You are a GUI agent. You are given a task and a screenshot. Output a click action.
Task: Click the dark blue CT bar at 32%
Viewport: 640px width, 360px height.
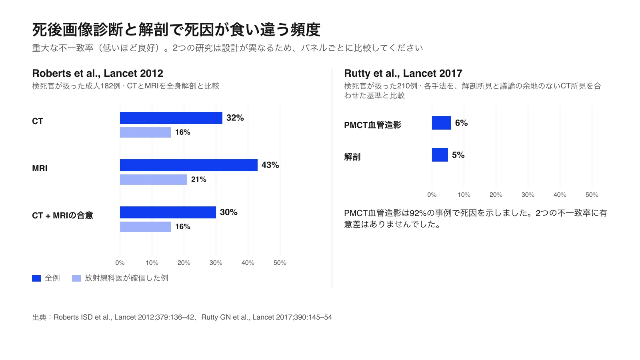tap(171, 118)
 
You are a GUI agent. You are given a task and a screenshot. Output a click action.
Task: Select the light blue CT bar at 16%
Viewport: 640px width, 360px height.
tap(146, 132)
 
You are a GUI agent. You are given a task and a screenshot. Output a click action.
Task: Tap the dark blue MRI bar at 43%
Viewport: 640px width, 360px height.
tap(188, 165)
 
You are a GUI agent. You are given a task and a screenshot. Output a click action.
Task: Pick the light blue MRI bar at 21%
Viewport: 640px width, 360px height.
tap(154, 180)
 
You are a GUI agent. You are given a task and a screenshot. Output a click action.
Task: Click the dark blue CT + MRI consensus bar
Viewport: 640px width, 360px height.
tap(168, 212)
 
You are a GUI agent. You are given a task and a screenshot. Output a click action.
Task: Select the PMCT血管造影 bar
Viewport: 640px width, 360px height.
tap(442, 123)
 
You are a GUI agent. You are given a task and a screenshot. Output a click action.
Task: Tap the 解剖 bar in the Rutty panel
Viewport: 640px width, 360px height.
tap(440, 155)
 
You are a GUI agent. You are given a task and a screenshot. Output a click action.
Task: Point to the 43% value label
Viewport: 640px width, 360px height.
tap(270, 165)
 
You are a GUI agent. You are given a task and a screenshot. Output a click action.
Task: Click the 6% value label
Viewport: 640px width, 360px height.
tap(462, 123)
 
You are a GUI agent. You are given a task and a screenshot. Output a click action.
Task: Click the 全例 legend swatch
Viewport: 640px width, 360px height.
tap(36, 278)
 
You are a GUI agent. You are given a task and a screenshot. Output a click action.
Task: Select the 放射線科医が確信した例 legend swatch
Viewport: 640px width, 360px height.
tap(76, 278)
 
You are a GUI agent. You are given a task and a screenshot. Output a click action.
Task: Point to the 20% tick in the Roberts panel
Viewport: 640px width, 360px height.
tap(184, 263)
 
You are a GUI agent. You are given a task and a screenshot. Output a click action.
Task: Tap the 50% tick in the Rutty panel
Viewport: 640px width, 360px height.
tap(592, 195)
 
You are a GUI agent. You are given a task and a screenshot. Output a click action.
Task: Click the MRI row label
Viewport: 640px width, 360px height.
tap(40, 168)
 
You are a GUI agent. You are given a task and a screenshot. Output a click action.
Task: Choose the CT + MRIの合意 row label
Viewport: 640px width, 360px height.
tap(62, 216)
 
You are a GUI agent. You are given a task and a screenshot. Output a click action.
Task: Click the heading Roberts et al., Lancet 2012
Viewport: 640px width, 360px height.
tap(98, 74)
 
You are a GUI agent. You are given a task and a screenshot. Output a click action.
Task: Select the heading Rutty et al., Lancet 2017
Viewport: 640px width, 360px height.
tap(403, 74)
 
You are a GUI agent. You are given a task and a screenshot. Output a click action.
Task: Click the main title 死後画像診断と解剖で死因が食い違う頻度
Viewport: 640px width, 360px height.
tap(176, 30)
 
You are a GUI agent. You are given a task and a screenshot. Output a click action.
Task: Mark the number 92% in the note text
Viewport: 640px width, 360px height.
tap(418, 213)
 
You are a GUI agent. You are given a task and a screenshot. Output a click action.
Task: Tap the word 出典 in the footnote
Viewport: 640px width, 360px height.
tap(39, 318)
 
